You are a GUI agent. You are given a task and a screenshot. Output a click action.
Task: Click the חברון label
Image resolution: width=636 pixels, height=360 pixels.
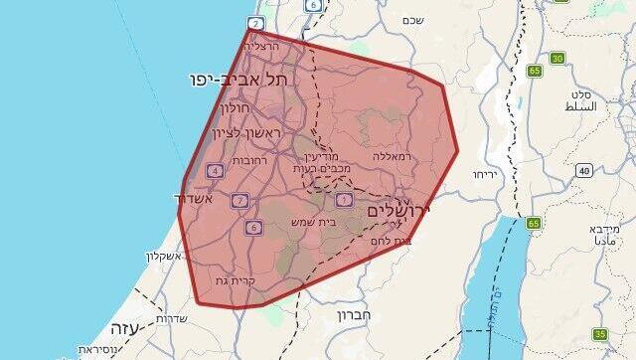tap(355, 317)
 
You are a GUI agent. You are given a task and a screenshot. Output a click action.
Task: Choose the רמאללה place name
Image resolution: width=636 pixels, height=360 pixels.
tap(393, 156)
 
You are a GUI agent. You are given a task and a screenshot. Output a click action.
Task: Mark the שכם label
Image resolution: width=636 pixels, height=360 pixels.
tap(414, 20)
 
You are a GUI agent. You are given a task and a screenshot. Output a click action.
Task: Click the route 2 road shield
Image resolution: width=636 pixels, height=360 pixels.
tap(255, 24)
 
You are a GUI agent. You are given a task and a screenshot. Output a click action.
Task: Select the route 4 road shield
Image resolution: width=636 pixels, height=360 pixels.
tap(215, 171)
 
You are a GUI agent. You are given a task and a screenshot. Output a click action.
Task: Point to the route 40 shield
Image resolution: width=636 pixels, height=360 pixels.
tap(583, 171)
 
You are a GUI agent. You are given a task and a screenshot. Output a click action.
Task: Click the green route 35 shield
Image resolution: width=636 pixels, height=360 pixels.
tap(600, 334)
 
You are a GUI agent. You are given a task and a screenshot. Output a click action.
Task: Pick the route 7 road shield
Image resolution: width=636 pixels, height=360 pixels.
tap(238, 201)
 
